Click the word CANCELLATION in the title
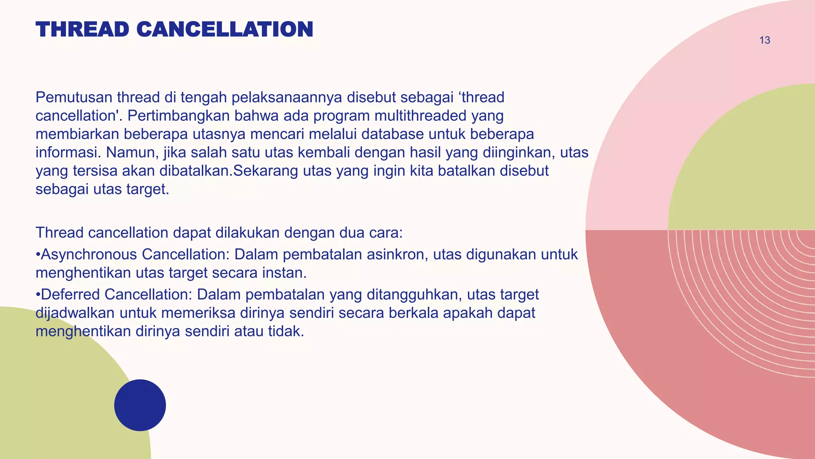tap(225, 29)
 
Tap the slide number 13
tap(764, 40)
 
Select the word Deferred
tap(70, 294)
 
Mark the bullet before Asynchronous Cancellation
tap(38, 255)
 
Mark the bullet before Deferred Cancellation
tap(38, 295)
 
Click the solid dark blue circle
tap(140, 405)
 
